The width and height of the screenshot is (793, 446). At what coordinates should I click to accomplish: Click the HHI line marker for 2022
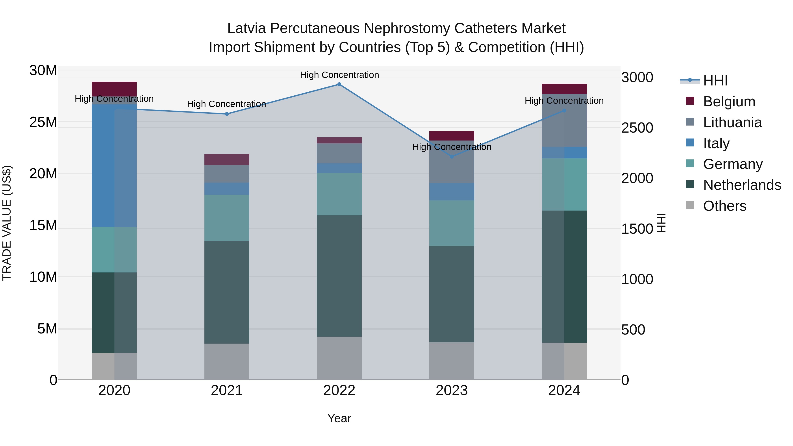pyautogui.click(x=339, y=84)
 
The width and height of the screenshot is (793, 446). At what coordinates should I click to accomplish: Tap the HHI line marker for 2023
pyautogui.click(x=452, y=157)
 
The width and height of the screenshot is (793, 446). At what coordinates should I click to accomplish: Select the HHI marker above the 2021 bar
pyautogui.click(x=227, y=114)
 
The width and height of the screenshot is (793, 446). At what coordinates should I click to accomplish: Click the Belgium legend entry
pyautogui.click(x=729, y=102)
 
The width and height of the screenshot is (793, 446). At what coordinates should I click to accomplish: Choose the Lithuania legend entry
pyautogui.click(x=732, y=122)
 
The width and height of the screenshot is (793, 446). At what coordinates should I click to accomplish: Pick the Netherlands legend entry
pyautogui.click(x=742, y=185)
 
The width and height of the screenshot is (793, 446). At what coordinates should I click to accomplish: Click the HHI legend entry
pyautogui.click(x=715, y=81)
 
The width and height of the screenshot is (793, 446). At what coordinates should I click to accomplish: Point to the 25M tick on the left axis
pyautogui.click(x=43, y=122)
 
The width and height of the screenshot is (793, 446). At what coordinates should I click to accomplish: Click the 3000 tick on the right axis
pyautogui.click(x=637, y=77)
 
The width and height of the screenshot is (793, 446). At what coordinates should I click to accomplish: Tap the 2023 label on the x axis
pyautogui.click(x=452, y=390)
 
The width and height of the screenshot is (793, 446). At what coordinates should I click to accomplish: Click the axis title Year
pyautogui.click(x=339, y=418)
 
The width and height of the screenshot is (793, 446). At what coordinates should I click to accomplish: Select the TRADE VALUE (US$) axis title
pyautogui.click(x=7, y=223)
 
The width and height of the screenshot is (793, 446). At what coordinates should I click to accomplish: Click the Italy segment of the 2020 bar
pyautogui.click(x=114, y=166)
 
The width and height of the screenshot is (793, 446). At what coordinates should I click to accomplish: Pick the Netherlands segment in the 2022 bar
pyautogui.click(x=339, y=276)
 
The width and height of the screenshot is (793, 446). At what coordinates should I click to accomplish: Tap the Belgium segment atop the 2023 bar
pyautogui.click(x=452, y=136)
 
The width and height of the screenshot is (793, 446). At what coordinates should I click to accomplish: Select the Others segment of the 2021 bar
pyautogui.click(x=227, y=362)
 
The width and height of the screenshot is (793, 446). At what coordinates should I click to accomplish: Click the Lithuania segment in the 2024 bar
pyautogui.click(x=564, y=120)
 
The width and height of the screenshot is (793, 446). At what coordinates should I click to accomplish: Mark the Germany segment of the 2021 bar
pyautogui.click(x=227, y=218)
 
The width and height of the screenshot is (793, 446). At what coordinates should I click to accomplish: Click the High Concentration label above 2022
pyautogui.click(x=339, y=75)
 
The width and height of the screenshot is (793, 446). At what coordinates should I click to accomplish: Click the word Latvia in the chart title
pyautogui.click(x=246, y=28)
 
